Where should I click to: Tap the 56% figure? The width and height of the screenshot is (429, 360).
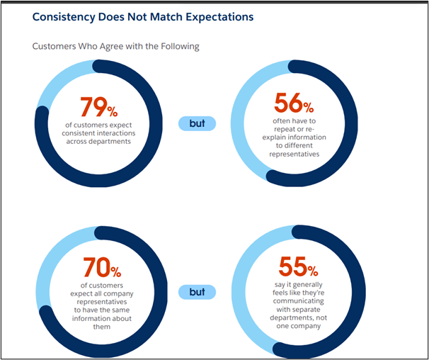pos(292,106)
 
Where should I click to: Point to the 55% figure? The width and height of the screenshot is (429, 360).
pos(292,266)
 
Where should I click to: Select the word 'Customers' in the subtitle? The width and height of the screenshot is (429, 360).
pos(57,47)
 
